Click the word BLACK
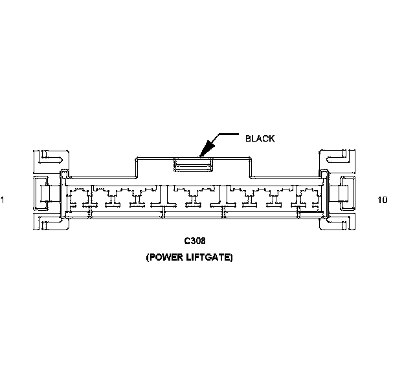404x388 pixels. pos(260,138)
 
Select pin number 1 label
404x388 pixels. pos(3,200)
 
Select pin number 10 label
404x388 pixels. pos(382,200)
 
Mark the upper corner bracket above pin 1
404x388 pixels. pos(50,158)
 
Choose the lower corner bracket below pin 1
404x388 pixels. pos(50,226)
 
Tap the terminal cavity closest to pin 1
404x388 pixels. pos(78,197)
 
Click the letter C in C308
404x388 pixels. pos(186,241)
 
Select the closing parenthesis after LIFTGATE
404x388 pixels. pos(231,257)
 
